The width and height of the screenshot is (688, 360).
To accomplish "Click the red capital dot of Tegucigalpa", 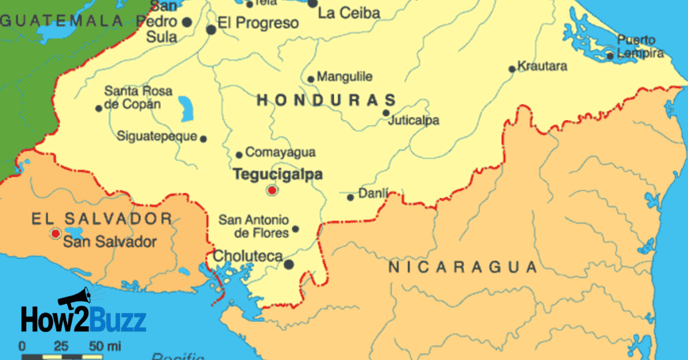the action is coord(272,190).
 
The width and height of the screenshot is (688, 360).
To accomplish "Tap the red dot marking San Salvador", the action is coord(55,234).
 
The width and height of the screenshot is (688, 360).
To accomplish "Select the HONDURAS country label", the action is coord(326,100).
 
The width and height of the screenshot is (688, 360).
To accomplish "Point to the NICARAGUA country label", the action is coord(463,267).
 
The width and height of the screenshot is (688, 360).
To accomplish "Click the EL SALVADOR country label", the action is coord(101,218).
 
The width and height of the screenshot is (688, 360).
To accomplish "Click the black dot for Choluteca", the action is coord(289,264).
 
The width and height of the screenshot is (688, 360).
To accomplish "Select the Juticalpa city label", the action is coord(413,121).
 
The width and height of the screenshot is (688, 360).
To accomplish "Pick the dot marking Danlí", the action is coord(350,197).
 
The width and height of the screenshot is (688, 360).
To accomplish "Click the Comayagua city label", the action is coord(280,152).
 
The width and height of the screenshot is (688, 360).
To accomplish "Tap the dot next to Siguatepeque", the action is coord(203,138).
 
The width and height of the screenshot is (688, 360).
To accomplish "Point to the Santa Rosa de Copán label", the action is coord(138,97).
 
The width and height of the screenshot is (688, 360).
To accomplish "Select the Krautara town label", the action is coord(542,66).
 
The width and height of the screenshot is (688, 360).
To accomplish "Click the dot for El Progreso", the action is coord(211,29).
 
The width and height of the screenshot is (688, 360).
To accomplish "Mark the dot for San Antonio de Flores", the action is coord(295,229).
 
